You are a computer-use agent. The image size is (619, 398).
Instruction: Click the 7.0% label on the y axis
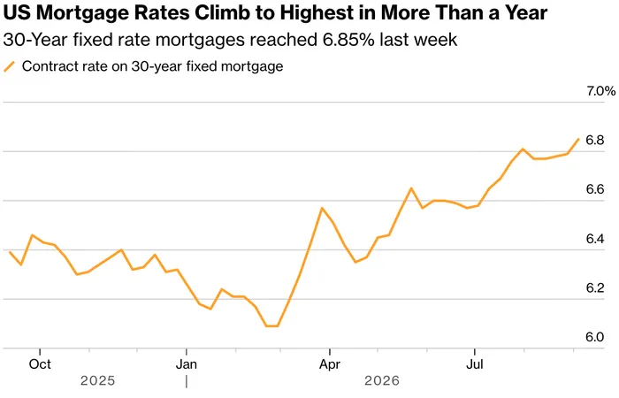click(x=600, y=91)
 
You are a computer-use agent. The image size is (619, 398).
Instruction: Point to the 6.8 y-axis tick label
click(x=595, y=140)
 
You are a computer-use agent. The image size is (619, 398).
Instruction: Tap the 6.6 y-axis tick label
click(x=595, y=189)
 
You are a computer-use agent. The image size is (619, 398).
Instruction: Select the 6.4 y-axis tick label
click(x=595, y=239)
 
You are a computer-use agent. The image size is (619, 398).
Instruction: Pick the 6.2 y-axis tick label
click(x=595, y=287)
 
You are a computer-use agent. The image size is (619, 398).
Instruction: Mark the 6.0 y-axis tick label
click(x=595, y=337)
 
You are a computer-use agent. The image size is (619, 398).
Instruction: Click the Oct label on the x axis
click(x=40, y=364)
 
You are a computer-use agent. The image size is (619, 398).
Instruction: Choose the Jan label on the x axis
click(x=187, y=364)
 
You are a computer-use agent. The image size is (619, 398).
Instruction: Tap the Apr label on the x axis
click(x=330, y=364)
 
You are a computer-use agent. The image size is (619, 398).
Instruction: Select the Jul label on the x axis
click(x=475, y=364)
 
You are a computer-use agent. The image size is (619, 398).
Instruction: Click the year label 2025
click(x=98, y=381)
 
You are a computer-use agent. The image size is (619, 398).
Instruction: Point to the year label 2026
click(x=382, y=381)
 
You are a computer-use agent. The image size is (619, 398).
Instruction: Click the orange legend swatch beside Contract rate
click(x=10, y=66)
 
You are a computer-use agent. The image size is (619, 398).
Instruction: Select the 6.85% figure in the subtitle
click(x=348, y=40)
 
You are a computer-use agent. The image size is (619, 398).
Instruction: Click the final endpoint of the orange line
click(x=578, y=139)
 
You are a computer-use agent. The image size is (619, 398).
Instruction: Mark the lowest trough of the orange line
click(x=272, y=326)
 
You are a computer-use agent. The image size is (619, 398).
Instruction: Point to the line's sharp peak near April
click(x=322, y=208)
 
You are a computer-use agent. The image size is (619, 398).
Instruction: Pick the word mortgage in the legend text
click(x=252, y=66)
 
